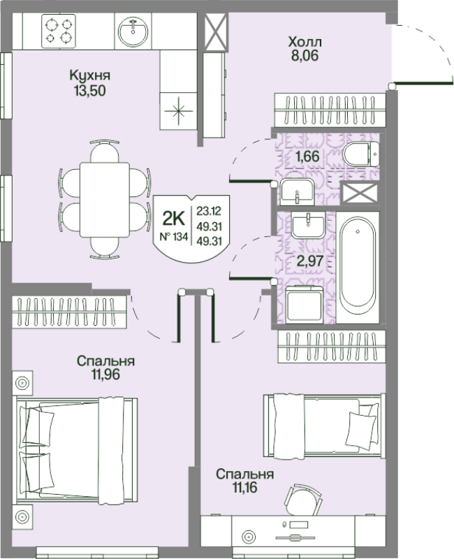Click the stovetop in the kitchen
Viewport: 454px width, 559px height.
coord(59,31)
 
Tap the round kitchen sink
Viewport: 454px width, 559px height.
coord(133,31)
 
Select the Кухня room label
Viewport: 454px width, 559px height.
coord(90,75)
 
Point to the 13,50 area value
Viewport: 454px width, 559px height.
coord(90,91)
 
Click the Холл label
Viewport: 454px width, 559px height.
coord(305,42)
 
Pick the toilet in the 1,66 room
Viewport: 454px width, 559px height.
coord(361,154)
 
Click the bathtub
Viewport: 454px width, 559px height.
coord(358,268)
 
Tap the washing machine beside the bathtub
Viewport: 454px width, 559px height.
coord(305,305)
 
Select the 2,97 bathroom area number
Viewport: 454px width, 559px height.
coord(309,261)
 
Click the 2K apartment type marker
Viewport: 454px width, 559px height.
coord(174,218)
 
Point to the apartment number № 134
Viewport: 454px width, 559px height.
coord(173,236)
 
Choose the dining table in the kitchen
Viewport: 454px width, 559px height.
coord(104,200)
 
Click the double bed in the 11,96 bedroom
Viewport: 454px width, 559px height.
coord(77,450)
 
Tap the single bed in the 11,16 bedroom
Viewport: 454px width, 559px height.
coord(324,426)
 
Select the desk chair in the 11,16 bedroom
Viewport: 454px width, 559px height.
coord(303,499)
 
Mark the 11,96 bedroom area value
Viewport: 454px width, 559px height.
coord(106,375)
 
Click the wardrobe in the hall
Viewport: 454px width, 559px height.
coord(330,110)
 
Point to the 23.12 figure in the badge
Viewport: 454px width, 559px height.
coord(209,211)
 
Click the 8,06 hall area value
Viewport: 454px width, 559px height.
coord(305,56)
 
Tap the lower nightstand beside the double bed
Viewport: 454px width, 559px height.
coord(22,516)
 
